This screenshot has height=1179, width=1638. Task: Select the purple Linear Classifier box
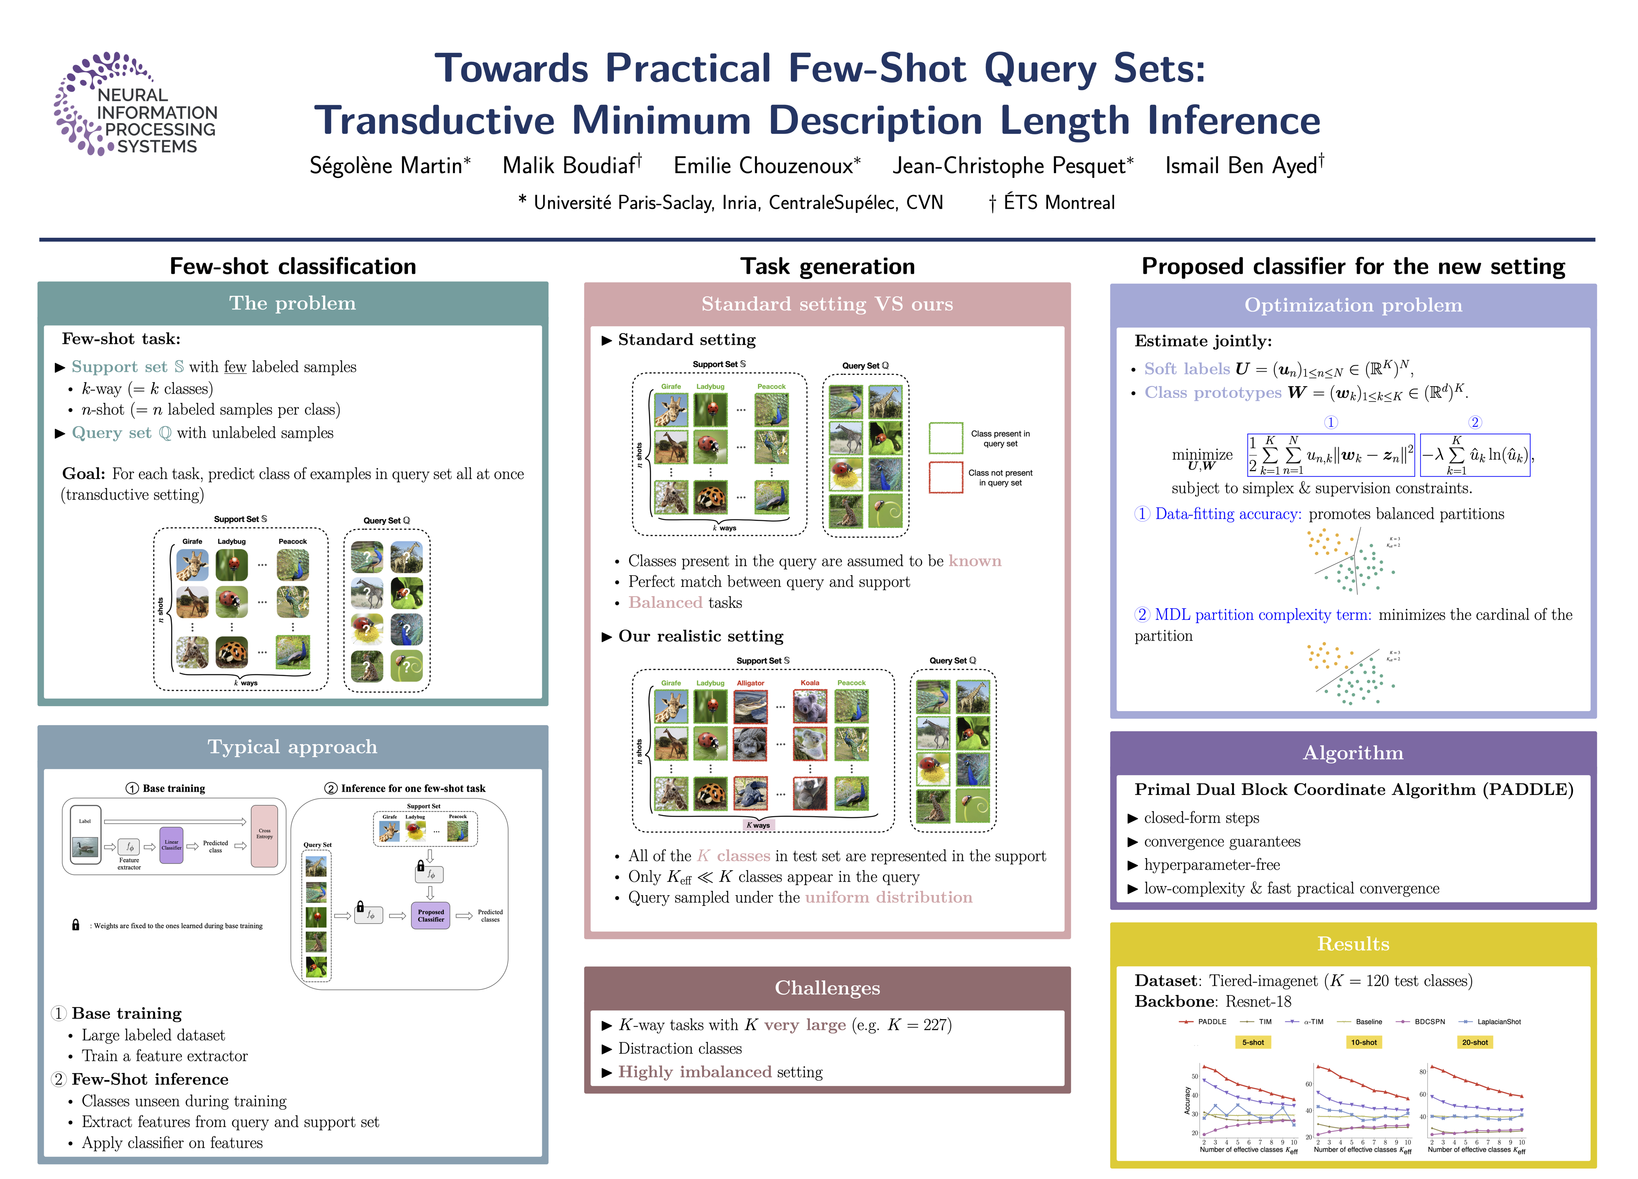click(171, 845)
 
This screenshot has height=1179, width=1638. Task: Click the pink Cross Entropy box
click(265, 836)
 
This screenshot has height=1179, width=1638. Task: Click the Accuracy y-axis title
click(1187, 1101)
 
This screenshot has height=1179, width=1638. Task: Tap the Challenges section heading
click(827, 988)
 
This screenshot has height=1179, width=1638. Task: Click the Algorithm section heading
click(1353, 753)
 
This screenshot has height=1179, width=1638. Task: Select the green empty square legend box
click(946, 438)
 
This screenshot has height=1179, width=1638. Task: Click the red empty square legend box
click(946, 477)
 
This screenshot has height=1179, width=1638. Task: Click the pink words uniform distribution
click(888, 897)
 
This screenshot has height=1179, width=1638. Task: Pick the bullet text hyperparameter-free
click(1211, 865)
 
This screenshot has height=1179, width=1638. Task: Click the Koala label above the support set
click(810, 683)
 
